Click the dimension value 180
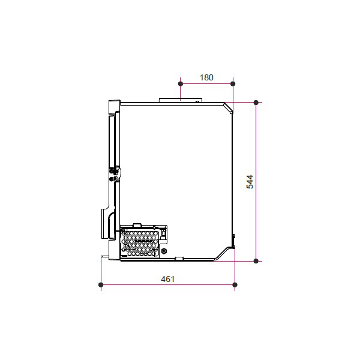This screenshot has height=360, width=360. (x=206, y=77)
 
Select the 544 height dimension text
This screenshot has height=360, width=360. (x=250, y=182)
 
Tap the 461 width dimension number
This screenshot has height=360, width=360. (x=167, y=279)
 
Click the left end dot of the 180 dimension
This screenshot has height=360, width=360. (x=181, y=84)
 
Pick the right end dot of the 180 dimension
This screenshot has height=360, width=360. (x=233, y=84)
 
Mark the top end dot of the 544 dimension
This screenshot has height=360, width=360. (x=256, y=103)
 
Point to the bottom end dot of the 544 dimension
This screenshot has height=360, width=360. (x=256, y=261)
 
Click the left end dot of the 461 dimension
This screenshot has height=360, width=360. (x=101, y=284)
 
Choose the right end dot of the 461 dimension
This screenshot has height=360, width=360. (x=235, y=284)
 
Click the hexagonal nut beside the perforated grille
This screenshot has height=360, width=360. (x=164, y=251)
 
